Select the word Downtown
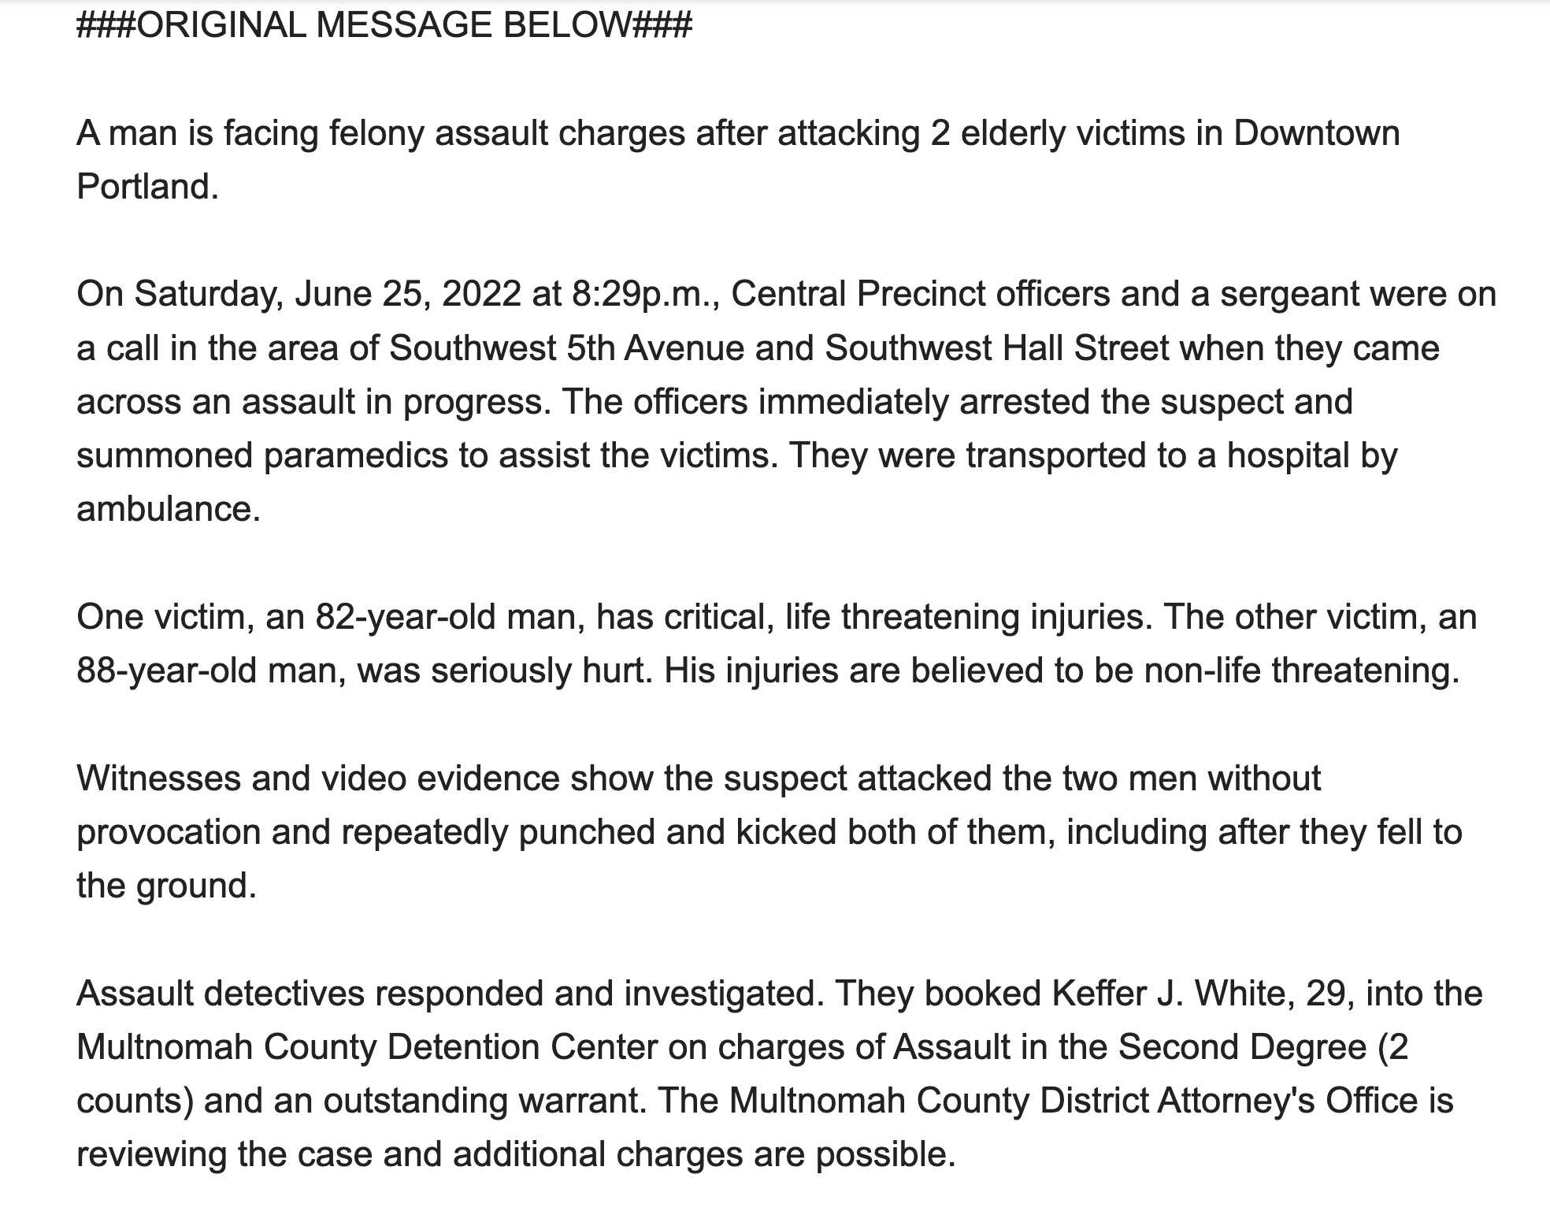pyautogui.click(x=1316, y=133)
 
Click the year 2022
pyautogui.click(x=481, y=295)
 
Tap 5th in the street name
pyautogui.click(x=591, y=348)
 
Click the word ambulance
pyautogui.click(x=168, y=510)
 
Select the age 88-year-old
pyautogui.click(x=166, y=671)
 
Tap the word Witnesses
pyautogui.click(x=159, y=778)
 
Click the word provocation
pyautogui.click(x=168, y=833)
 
